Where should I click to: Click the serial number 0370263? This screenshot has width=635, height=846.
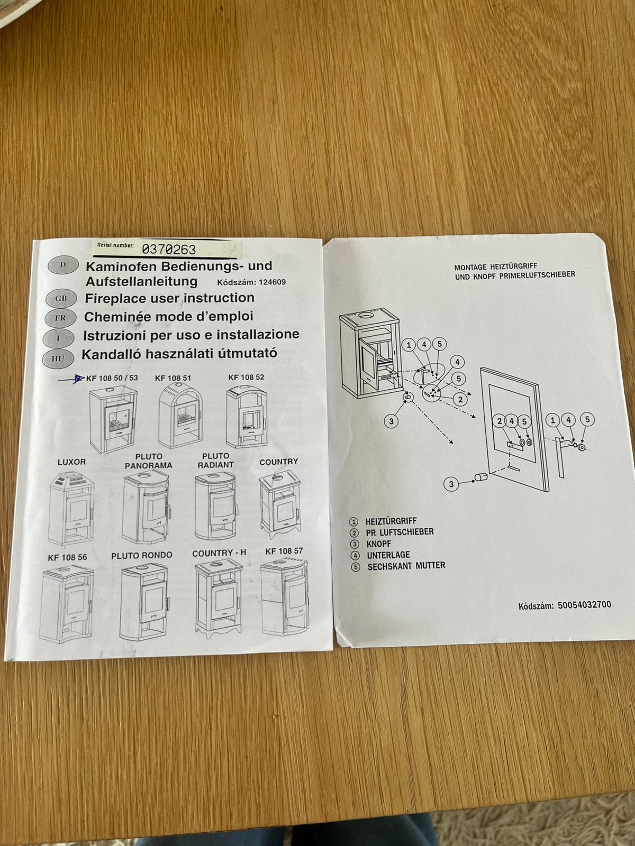point(169,250)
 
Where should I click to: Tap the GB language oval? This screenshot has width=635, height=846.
point(61,298)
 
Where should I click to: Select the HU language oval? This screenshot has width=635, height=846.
point(58,358)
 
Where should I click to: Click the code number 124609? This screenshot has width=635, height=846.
point(272,282)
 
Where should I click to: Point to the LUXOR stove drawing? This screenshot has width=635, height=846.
point(72,507)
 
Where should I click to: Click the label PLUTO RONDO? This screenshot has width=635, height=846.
point(142,555)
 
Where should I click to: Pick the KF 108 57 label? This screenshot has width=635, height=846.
point(284,551)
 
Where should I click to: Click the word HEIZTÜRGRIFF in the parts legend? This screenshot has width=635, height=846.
point(391,521)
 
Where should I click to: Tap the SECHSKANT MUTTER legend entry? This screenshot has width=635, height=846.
point(406,566)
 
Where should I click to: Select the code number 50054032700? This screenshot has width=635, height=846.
point(585,605)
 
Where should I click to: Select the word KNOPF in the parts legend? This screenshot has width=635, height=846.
point(378,544)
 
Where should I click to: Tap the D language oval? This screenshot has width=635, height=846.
point(63,265)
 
